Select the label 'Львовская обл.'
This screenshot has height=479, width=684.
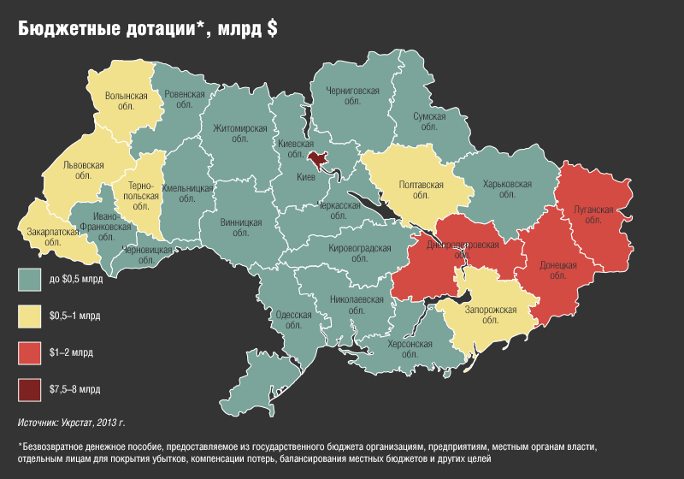coord(83,170)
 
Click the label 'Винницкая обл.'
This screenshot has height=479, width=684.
coord(241,228)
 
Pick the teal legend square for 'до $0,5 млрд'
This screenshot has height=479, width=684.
coord(30,279)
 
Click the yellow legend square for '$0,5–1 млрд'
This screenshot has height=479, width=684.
coord(30,316)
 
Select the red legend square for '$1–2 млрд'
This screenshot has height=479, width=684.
coord(30,352)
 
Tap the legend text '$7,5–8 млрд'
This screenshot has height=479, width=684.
coord(75,389)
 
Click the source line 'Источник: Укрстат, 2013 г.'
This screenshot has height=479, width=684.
coord(72,423)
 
